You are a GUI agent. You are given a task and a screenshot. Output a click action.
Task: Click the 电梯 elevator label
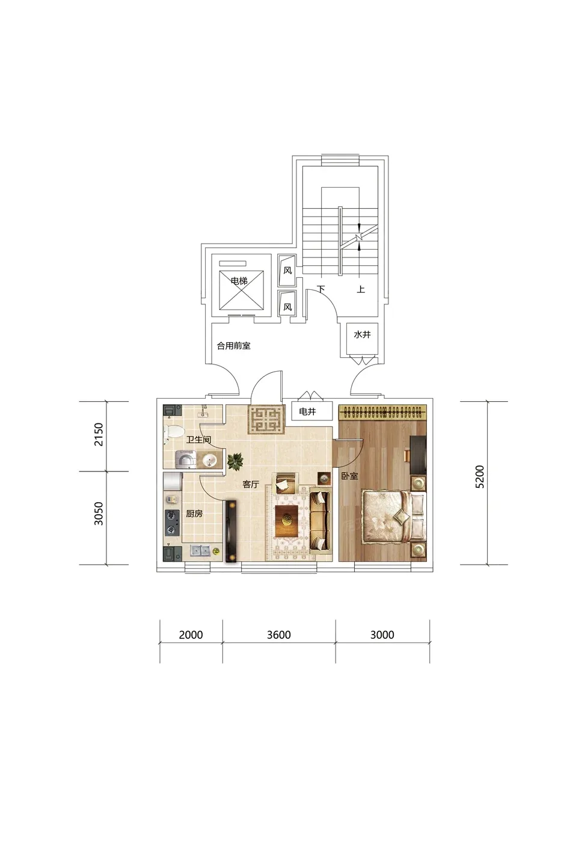click(239, 281)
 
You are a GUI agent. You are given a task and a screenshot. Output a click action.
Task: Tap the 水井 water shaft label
click(362, 334)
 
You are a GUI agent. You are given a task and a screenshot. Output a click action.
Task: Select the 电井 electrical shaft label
click(307, 411)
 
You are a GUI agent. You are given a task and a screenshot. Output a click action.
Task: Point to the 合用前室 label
click(233, 346)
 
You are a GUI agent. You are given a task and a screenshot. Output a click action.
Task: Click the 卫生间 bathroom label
click(198, 440)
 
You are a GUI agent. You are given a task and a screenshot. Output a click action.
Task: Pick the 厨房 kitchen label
click(194, 514)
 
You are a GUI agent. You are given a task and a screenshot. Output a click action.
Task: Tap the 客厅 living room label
click(250, 484)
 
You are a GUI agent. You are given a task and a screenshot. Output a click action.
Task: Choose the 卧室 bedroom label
click(349, 476)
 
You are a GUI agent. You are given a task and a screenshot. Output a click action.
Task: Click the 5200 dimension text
click(480, 476)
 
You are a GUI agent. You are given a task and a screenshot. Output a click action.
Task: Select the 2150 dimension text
click(98, 434)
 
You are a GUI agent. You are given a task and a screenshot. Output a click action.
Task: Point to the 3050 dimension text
click(98, 513)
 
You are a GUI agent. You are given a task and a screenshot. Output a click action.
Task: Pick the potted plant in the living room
click(235, 461)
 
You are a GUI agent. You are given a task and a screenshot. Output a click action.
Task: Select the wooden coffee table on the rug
click(286, 521)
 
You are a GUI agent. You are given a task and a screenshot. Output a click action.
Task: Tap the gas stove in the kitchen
click(172, 523)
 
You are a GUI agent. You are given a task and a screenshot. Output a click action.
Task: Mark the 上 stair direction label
click(361, 289)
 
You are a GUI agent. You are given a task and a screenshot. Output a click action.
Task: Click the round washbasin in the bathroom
click(208, 459)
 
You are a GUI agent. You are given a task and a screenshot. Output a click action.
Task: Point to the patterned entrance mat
click(265, 419)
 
